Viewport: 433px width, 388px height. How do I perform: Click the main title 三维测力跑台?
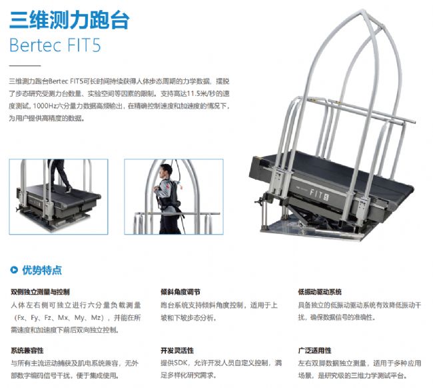(x=69, y=20)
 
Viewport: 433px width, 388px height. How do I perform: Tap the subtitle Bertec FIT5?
(x=55, y=45)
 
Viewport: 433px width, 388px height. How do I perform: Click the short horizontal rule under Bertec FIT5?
(x=25, y=66)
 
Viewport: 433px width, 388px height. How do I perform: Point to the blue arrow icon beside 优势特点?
(x=14, y=270)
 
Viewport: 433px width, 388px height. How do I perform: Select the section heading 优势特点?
(x=42, y=270)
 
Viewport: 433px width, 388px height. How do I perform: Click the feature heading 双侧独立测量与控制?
(x=40, y=292)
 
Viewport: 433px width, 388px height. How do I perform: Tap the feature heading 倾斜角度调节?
(x=181, y=292)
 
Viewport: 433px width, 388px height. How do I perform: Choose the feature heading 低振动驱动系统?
(x=320, y=292)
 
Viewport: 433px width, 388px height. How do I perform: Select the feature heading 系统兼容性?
(x=27, y=351)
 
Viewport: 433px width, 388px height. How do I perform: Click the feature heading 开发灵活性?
(x=177, y=351)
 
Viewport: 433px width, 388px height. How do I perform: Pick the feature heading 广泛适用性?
(x=314, y=351)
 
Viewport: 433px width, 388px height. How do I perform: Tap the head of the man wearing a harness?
(x=166, y=171)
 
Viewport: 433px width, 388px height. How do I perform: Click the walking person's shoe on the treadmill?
(x=68, y=189)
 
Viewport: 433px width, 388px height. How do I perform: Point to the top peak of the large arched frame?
(x=362, y=11)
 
